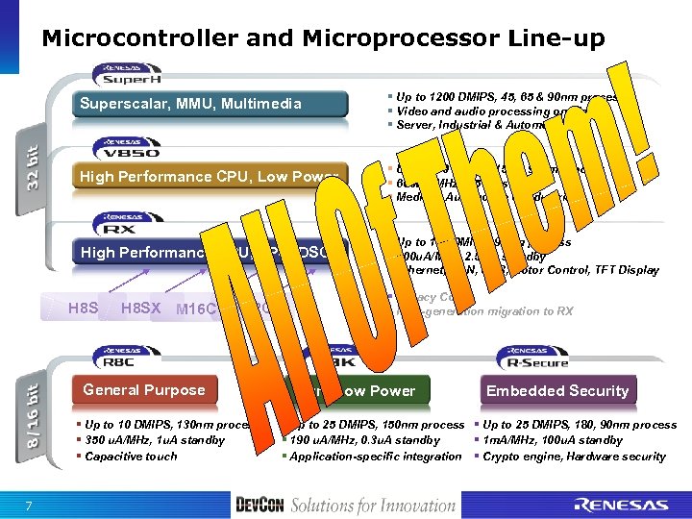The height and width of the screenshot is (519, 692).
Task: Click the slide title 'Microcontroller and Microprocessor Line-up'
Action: tap(323, 38)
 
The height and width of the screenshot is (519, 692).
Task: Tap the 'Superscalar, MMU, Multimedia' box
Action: tap(192, 104)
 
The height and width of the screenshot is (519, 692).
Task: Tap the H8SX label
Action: tap(141, 309)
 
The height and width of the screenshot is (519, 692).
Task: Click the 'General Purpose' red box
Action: tap(144, 390)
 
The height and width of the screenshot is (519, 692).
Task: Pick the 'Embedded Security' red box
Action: tap(557, 390)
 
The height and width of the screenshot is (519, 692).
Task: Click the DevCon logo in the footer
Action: tap(259, 504)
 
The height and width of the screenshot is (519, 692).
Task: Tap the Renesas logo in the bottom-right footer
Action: tap(623, 504)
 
